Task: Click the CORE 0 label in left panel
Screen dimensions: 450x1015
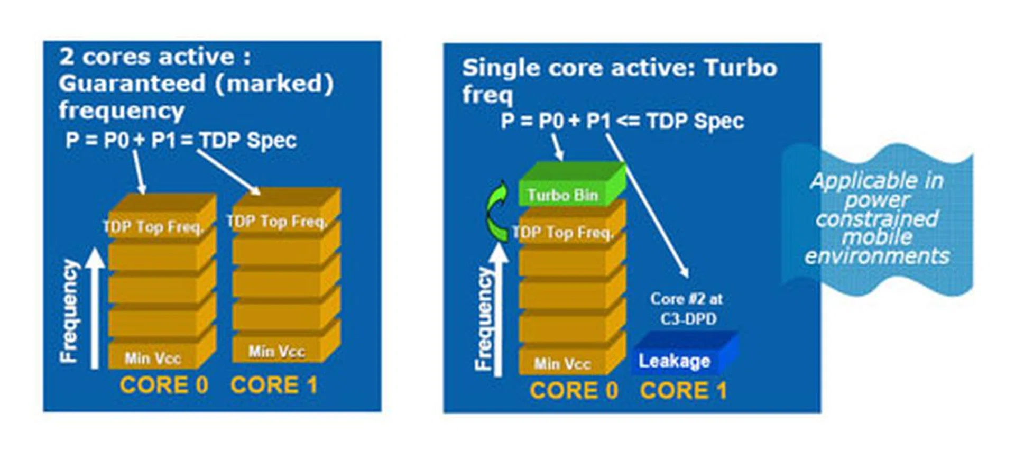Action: [164, 385]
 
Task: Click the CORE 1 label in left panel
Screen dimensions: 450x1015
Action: [274, 385]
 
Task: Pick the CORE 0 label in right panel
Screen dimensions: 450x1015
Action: [574, 391]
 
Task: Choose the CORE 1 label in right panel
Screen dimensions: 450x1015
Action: [684, 391]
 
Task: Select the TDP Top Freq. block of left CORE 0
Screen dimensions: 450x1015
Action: [153, 226]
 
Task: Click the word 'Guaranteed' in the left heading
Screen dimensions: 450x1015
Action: [132, 84]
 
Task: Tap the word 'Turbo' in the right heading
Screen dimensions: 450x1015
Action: [741, 68]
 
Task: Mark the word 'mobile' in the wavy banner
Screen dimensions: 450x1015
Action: [878, 237]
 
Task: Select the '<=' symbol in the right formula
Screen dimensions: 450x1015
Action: [628, 121]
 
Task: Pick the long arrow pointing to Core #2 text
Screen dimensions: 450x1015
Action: [648, 206]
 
